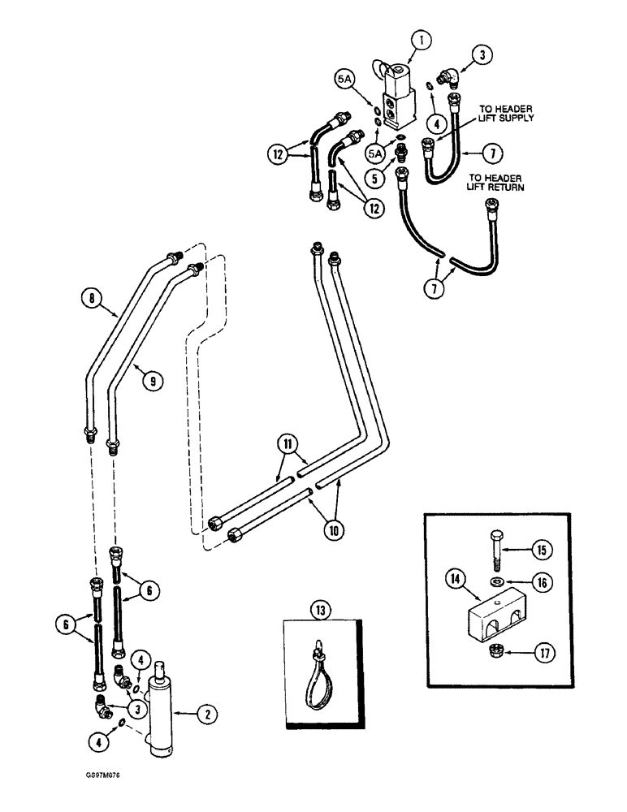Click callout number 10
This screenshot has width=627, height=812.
pos(333,533)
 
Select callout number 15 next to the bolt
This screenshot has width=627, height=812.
pos(542,550)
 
